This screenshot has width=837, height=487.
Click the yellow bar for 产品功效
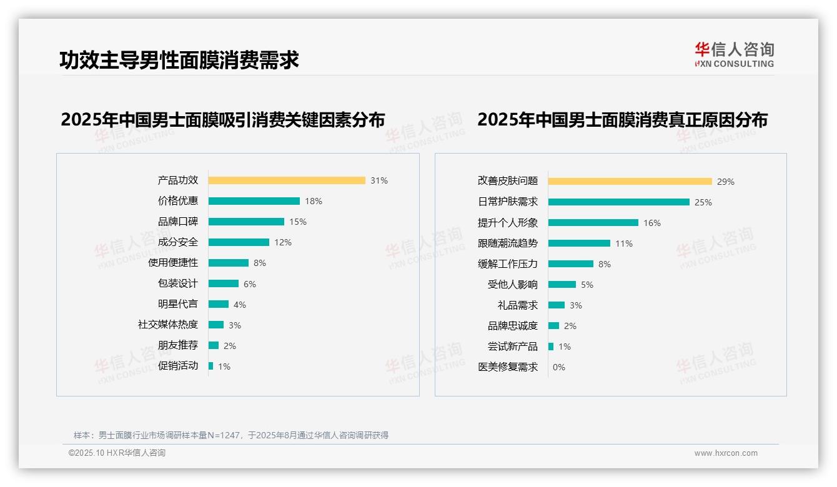pos(287,180)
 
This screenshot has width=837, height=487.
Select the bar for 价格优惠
pos(254,201)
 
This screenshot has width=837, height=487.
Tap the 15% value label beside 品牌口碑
pos(298,222)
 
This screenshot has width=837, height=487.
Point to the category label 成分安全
pos(178,242)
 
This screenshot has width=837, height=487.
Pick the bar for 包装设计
pos(224,283)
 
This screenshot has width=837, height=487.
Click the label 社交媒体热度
pos(168,325)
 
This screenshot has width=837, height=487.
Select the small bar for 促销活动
pos(211,366)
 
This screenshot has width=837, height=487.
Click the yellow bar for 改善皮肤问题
pos(630,182)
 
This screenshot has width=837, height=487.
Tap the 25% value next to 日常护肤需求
pos(703,202)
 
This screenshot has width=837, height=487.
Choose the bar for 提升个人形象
pos(593,223)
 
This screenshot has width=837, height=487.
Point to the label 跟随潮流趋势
pos(508,243)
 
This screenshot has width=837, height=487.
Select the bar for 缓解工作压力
pos(571,264)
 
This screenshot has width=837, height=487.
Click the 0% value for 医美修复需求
pos(559,367)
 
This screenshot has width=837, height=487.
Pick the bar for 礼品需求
pos(557,305)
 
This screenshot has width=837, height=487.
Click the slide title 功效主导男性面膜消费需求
pos(179,60)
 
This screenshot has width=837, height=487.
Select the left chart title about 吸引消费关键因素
pos(223,119)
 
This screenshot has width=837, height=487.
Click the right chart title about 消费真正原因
pos(622,119)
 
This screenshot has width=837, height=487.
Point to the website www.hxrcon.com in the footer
pos(726,453)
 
